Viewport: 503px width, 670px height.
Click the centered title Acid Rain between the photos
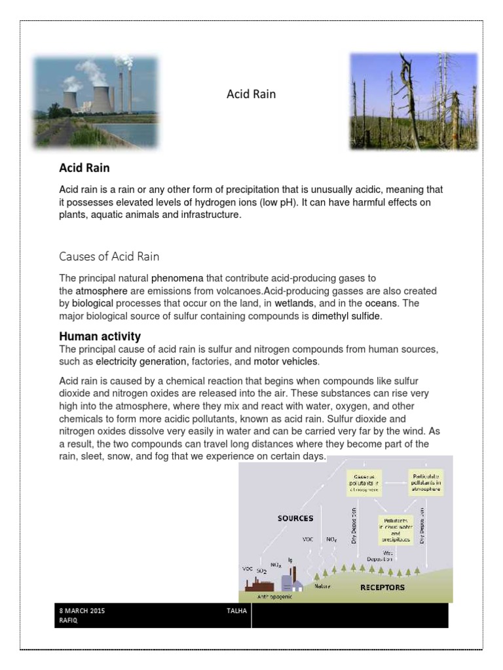coord(251,94)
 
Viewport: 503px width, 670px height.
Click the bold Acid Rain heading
coord(84,169)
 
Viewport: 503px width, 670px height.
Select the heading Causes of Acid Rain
coord(109,256)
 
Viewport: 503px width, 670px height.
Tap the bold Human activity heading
coord(100,336)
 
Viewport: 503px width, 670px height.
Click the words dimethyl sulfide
coord(346,316)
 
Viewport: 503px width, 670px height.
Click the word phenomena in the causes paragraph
coord(181,279)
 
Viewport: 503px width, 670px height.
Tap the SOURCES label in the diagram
coord(295,518)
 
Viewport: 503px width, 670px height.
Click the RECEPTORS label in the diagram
coord(382,587)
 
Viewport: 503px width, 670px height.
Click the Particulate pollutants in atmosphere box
coord(426,480)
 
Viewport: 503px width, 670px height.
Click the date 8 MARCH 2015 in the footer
coord(82,610)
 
